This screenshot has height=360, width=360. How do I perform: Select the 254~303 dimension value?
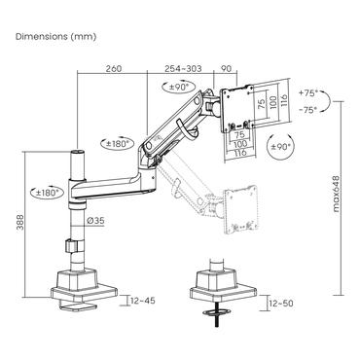177,70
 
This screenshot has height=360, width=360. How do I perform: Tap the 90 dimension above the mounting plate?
226,70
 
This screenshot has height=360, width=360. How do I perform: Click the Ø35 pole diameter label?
96,222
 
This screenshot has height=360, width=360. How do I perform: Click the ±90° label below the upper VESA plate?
283,145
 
